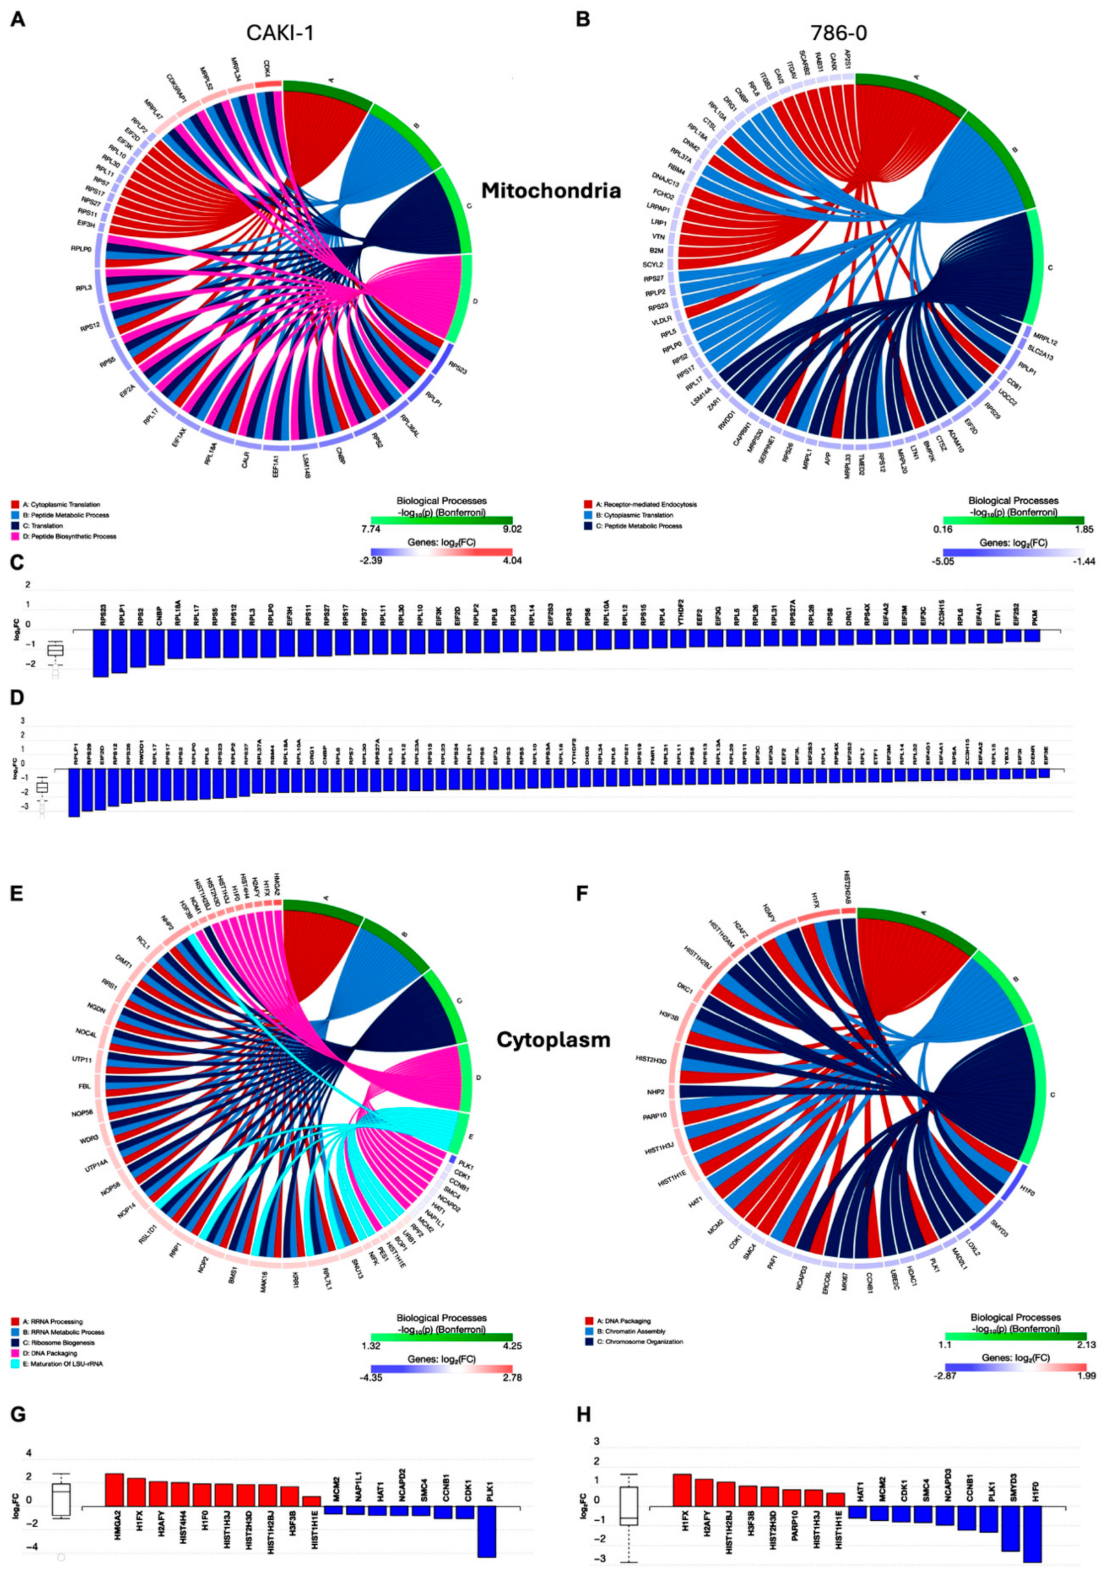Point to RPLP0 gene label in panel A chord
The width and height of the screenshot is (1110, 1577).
click(80, 250)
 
